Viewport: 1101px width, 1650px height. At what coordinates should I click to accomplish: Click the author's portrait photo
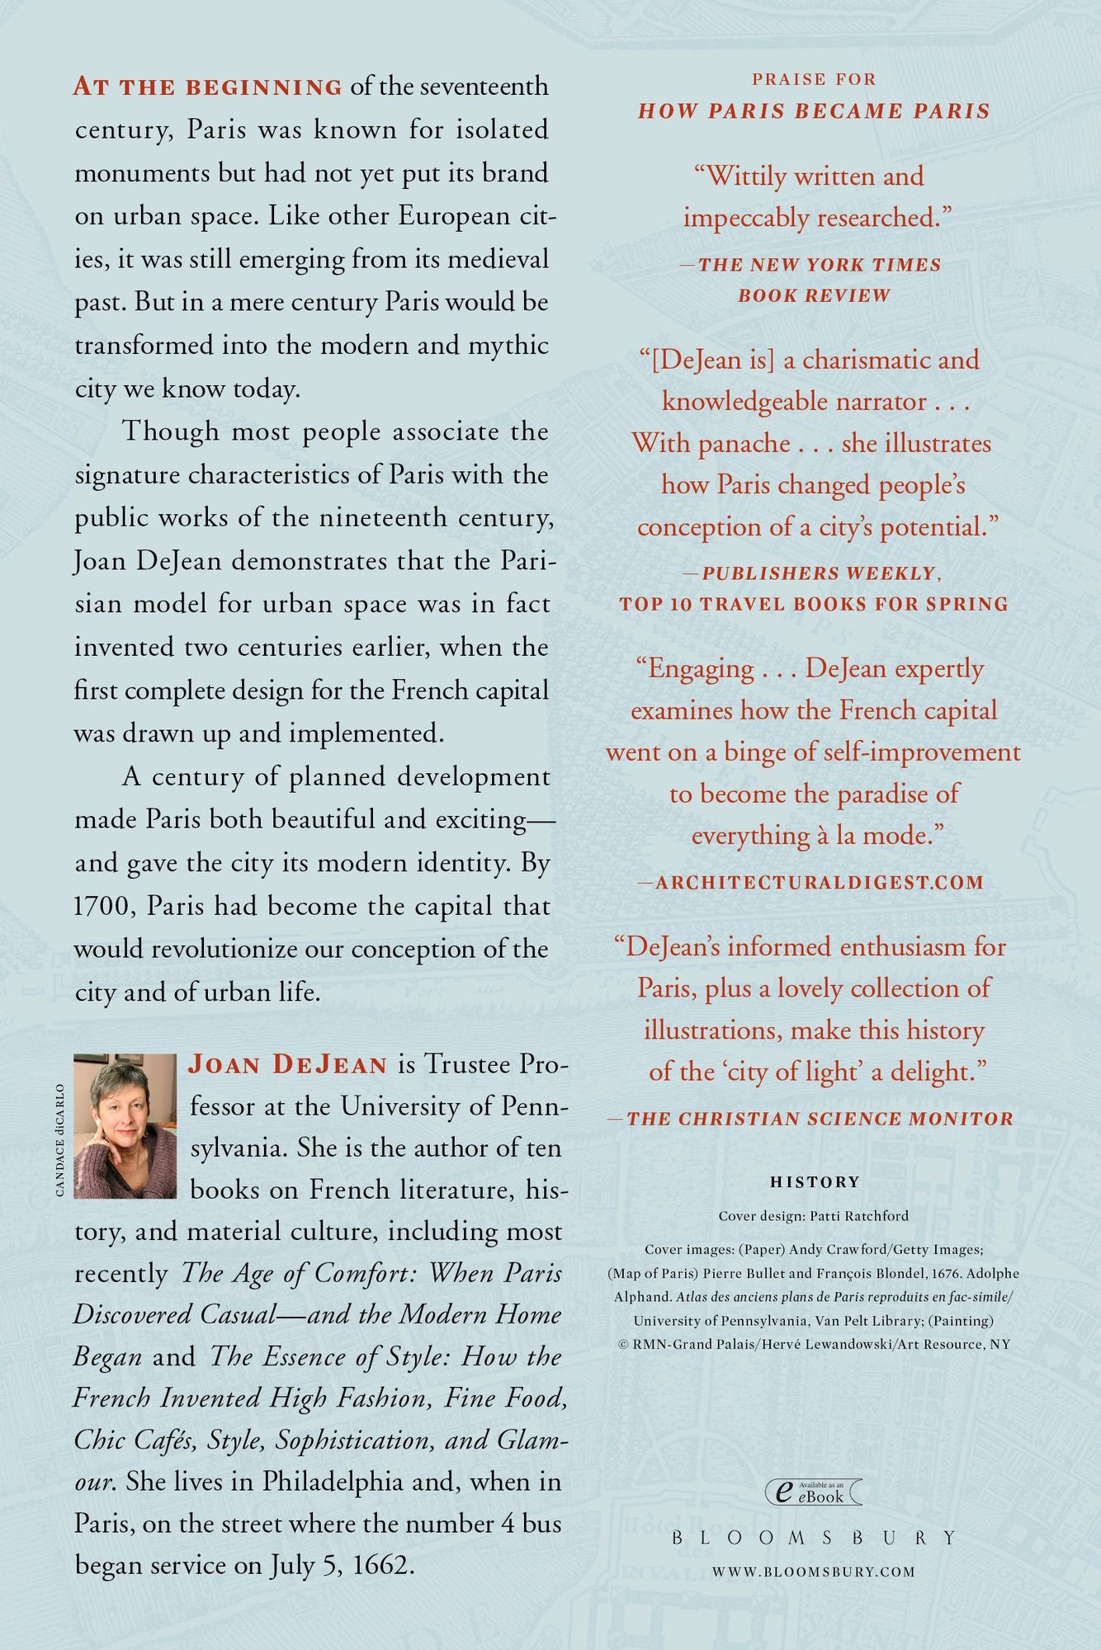125,1125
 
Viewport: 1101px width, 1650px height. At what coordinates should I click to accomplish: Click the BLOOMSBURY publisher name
814,1538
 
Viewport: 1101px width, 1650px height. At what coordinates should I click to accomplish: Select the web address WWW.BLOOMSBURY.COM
814,1572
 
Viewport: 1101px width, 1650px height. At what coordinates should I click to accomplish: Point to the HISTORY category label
815,1182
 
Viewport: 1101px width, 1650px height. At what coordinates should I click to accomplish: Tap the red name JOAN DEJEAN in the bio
288,1064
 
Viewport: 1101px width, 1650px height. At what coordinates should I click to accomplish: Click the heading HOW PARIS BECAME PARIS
814,111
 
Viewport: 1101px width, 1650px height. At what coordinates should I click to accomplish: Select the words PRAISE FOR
814,79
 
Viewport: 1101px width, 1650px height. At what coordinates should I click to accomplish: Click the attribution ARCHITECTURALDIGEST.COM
819,883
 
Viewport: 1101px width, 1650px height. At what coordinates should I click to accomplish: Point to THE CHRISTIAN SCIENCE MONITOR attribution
820,1119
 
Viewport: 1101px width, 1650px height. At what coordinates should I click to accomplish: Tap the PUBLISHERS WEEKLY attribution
819,573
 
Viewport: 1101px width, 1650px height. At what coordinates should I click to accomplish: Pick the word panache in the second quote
744,444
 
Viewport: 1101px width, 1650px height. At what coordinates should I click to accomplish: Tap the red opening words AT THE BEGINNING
208,87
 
